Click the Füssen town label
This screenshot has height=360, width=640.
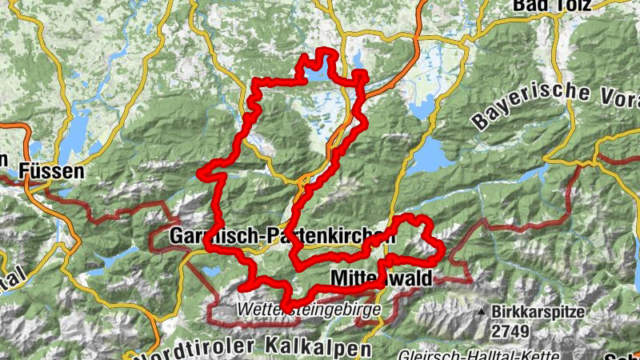pos(54,170)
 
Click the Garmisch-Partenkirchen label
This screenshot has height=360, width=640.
pos(282,237)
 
